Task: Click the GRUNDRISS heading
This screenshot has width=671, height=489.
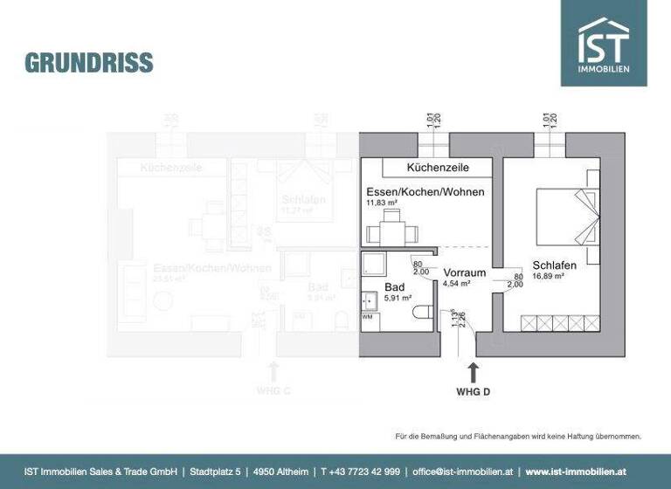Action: click(88, 63)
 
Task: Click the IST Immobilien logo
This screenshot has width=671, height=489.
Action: click(604, 43)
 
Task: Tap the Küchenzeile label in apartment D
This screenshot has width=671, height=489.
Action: click(439, 167)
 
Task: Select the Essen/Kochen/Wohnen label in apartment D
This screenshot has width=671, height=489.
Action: click(425, 191)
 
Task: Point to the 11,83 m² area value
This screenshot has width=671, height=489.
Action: click(382, 204)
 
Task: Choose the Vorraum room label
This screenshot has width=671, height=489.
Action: click(464, 272)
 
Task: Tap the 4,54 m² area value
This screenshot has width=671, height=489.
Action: click(458, 284)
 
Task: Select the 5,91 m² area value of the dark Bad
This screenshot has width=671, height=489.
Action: click(399, 297)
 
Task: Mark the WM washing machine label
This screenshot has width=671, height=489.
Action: click(367, 317)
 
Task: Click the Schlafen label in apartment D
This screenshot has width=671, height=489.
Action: click(554, 265)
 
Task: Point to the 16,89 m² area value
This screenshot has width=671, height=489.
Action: click(548, 276)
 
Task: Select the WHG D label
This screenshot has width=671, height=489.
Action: click(474, 392)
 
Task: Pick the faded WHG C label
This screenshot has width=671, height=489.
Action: click(273, 390)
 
